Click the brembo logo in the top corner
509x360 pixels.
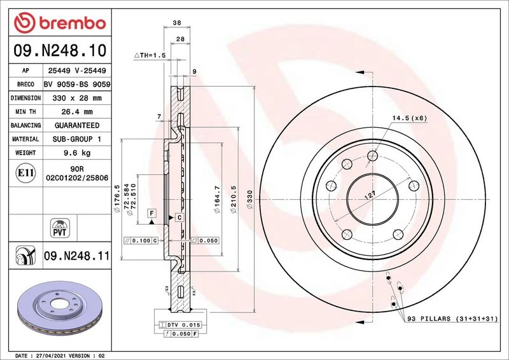tap(60, 23)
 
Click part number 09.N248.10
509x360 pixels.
tap(60, 50)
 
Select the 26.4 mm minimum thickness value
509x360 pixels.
tap(77, 112)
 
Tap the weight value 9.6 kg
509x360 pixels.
tap(77, 153)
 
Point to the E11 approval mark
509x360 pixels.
tap(25, 173)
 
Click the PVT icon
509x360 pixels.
tap(60, 228)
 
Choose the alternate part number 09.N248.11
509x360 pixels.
tap(77, 256)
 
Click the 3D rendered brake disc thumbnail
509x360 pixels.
tap(60, 308)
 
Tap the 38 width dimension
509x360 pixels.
tap(177, 23)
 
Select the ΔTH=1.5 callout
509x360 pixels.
tap(150, 55)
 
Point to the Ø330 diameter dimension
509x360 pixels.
tap(249, 199)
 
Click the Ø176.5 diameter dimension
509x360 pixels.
tap(117, 198)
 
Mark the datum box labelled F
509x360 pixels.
tap(151, 213)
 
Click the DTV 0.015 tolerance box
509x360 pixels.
tap(180, 324)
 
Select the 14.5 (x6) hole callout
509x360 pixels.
tap(409, 118)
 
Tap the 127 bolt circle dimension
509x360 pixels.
tap(370, 195)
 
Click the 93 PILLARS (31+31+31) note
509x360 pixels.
tap(452, 319)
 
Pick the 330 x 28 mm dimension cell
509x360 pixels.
tap(77, 98)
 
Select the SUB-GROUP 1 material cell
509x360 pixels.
tap(77, 139)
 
